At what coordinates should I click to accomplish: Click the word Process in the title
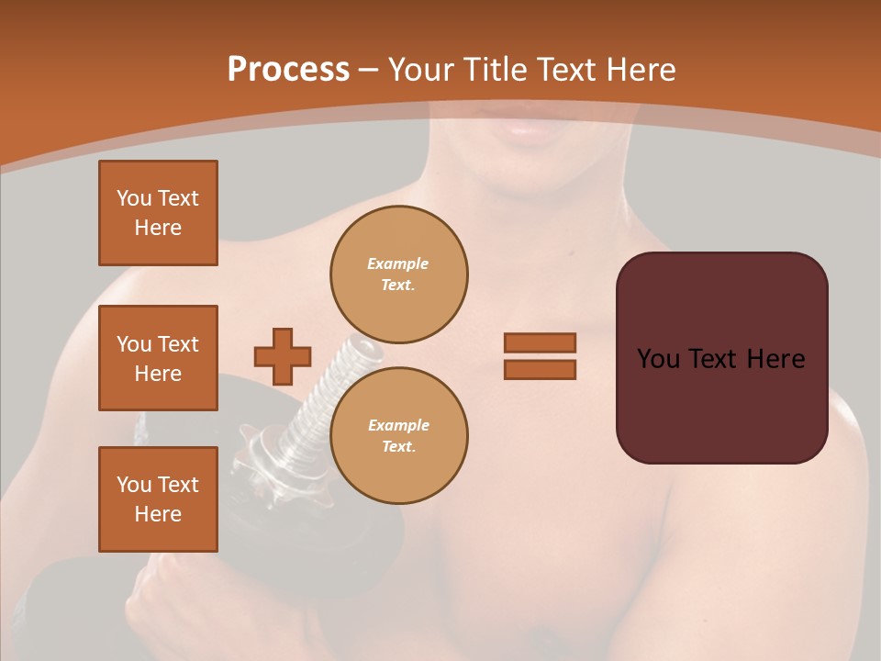288,70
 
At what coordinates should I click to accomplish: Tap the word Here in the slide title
638,70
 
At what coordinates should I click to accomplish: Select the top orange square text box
158,213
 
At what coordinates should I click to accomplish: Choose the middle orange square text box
158,358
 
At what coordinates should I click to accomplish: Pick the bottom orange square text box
158,499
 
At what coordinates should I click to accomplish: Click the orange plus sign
283,356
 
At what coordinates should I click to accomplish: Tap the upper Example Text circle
399,274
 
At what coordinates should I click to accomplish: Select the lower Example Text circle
399,435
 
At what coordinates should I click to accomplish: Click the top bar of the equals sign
540,342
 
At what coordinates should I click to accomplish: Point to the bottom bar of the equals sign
540,369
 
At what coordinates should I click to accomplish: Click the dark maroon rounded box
721,404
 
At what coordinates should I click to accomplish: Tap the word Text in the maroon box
720,359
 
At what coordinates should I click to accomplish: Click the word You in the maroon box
658,359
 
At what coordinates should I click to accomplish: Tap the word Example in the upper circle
397,263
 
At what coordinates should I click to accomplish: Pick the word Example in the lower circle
398,425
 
